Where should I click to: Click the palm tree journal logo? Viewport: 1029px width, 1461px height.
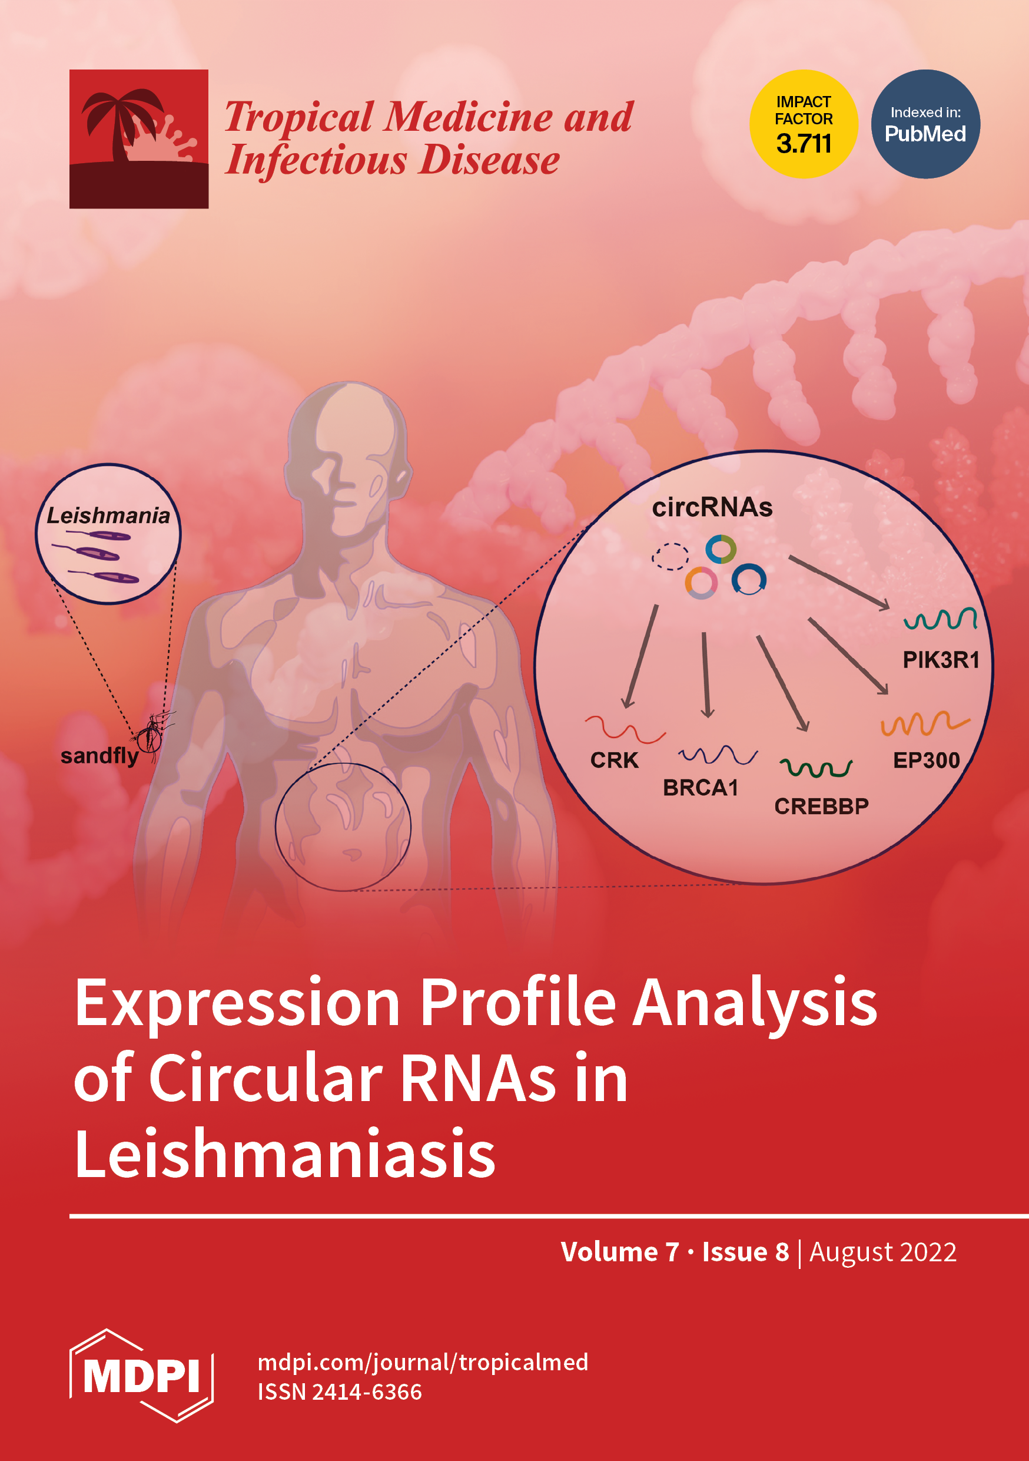click(139, 138)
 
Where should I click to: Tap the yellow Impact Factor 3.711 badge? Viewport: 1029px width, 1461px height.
click(803, 124)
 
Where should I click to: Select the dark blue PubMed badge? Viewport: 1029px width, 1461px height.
click(925, 124)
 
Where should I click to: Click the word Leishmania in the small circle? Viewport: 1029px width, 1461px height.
click(108, 515)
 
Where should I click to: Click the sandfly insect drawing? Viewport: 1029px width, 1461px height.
click(151, 735)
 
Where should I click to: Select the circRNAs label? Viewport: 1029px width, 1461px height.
click(712, 507)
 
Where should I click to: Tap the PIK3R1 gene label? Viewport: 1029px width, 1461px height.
click(941, 660)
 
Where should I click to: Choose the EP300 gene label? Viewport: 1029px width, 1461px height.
click(926, 760)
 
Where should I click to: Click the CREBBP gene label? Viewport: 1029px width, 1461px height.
click(821, 806)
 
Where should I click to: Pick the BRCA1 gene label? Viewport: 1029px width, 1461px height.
click(700, 788)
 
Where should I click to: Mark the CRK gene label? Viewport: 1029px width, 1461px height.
click(614, 760)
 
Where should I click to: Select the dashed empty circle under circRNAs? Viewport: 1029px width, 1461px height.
click(670, 556)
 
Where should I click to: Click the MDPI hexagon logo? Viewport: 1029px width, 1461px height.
click(141, 1375)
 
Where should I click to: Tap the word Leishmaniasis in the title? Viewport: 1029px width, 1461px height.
click(285, 1153)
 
